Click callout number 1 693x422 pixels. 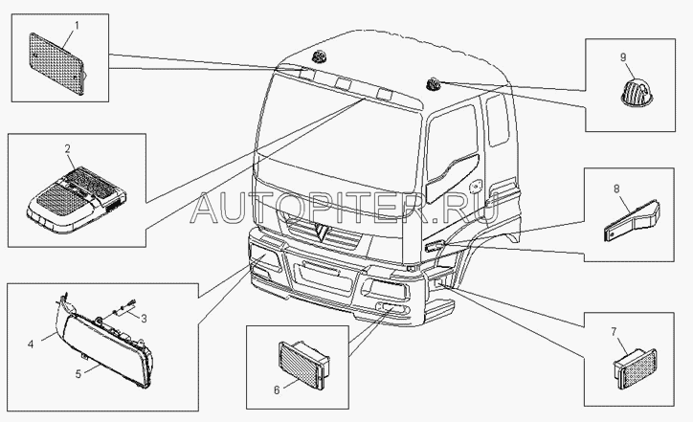[x=77, y=26]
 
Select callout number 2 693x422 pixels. [x=68, y=149]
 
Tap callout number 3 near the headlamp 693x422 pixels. [x=144, y=318]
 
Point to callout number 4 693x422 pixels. [x=31, y=344]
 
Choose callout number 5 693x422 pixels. [x=78, y=374]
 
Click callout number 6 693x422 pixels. [x=277, y=390]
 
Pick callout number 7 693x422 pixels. [x=614, y=331]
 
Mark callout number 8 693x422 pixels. [x=616, y=189]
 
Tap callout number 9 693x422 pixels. [x=623, y=57]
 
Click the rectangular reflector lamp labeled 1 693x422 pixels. [x=56, y=64]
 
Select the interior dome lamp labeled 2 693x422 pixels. [x=76, y=200]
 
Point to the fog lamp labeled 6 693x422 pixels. [x=304, y=365]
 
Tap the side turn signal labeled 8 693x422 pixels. [x=632, y=221]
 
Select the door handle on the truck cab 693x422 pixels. [x=477, y=187]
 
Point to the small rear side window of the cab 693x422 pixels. [x=497, y=120]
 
